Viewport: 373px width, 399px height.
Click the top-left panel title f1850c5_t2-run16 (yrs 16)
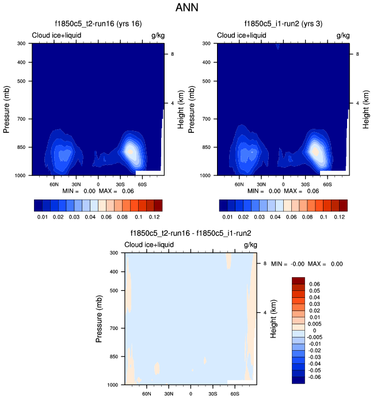93,24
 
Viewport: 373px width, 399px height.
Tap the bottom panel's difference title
187,233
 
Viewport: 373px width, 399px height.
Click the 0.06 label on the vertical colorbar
315,284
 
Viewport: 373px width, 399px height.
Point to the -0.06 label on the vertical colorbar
316,377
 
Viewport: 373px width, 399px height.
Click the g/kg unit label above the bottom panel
250,245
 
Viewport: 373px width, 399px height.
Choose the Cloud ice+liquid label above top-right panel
241,36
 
